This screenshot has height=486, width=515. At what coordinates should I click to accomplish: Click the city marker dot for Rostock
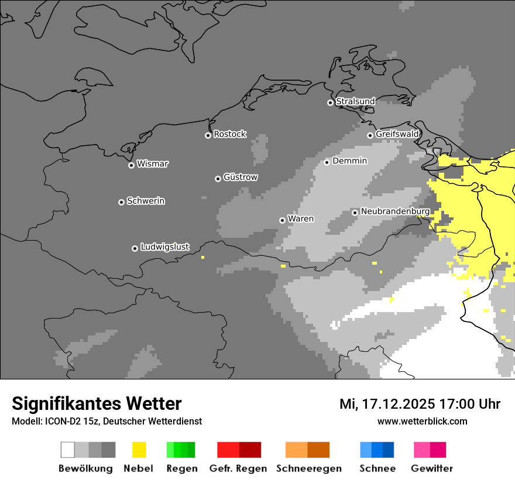tap(208, 135)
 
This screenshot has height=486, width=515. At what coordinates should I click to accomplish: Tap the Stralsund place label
tap(355, 102)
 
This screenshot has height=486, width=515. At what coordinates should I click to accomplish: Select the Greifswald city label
tap(397, 134)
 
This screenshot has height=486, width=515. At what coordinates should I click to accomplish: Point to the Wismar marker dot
tap(131, 165)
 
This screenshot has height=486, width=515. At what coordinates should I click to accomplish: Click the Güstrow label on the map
tap(240, 177)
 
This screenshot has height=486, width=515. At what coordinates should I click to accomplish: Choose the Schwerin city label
tap(146, 201)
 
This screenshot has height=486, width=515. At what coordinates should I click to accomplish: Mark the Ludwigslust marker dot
tap(135, 248)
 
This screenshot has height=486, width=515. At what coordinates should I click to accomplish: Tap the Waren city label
tap(301, 219)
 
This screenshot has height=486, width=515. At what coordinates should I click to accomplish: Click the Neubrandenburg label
tap(395, 211)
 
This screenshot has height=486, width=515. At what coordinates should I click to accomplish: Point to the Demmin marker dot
tap(327, 162)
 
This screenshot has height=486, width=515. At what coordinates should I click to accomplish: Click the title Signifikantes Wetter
tap(97, 403)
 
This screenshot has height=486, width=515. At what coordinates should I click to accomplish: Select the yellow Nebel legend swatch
tap(139, 450)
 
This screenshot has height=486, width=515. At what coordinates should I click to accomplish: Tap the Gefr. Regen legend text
tap(238, 468)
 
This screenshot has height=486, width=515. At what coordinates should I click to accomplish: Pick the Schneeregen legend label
tap(308, 468)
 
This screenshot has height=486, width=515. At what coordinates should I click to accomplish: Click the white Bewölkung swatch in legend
tap(68, 450)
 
